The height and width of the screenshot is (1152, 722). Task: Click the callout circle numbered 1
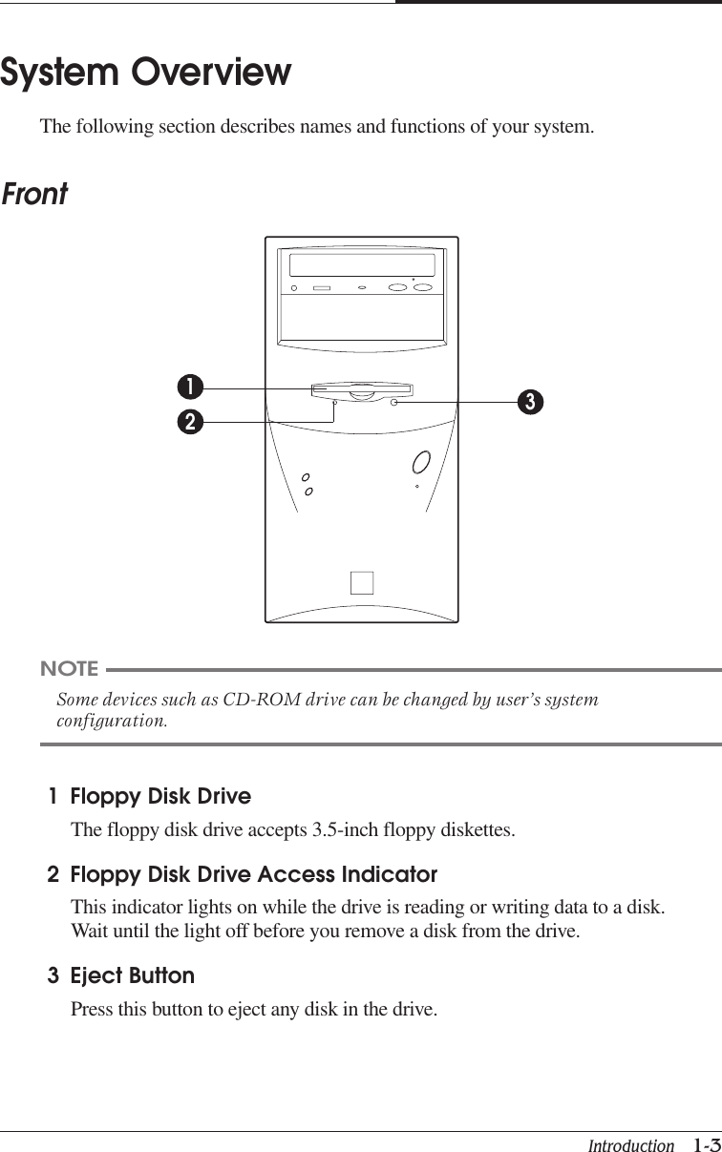190,387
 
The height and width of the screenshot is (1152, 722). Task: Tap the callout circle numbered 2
190,421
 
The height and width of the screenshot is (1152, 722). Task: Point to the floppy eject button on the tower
394,403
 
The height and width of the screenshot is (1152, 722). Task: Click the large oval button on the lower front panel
421,462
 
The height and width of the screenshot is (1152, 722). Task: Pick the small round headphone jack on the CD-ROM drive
297,287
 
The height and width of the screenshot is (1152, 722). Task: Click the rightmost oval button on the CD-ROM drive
425,287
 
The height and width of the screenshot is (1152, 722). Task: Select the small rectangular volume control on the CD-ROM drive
322,287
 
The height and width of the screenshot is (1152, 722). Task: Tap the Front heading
34,195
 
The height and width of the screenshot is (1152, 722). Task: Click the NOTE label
69,668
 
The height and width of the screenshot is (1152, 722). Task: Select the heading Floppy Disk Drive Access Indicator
254,874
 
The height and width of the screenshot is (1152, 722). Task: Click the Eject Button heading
133,975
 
